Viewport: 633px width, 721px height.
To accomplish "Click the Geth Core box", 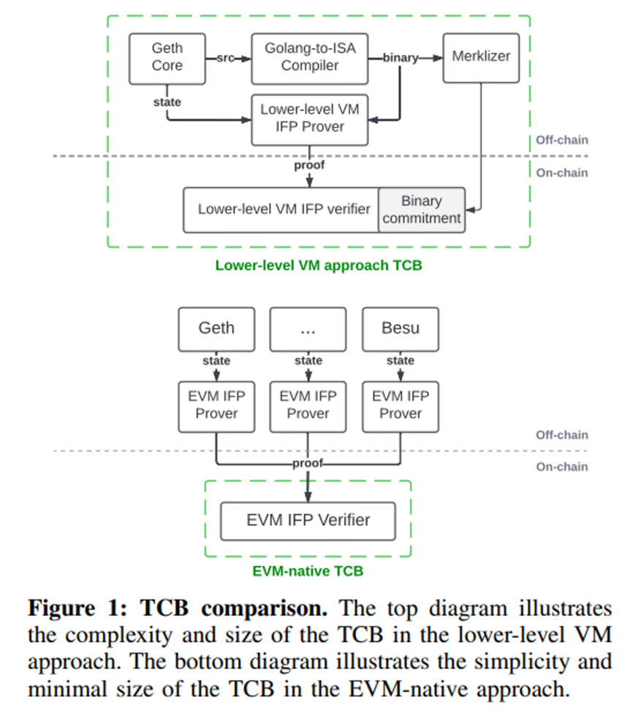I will (x=167, y=57).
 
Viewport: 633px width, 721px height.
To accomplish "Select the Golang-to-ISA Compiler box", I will (x=311, y=57).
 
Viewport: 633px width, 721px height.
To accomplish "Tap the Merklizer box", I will (x=481, y=57).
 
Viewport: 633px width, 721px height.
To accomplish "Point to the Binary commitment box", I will (x=422, y=210).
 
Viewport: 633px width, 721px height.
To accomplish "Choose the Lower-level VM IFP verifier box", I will (x=284, y=210).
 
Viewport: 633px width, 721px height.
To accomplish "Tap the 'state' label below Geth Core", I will (x=167, y=102).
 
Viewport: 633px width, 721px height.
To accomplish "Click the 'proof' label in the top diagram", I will (x=309, y=165).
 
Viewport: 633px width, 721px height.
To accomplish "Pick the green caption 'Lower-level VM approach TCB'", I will (x=319, y=265).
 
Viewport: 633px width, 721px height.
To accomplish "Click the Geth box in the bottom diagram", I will (x=216, y=328).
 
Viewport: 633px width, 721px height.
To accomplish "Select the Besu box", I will (x=401, y=328).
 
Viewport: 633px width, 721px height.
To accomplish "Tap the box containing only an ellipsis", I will (x=308, y=329).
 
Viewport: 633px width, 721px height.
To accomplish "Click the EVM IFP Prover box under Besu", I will (x=401, y=405).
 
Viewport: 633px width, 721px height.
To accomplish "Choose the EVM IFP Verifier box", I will (x=308, y=521).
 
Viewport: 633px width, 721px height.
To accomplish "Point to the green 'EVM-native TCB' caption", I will (x=308, y=571).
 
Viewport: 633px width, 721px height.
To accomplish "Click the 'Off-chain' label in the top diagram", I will (x=561, y=140).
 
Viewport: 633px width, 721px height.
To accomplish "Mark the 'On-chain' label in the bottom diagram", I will (x=561, y=467).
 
